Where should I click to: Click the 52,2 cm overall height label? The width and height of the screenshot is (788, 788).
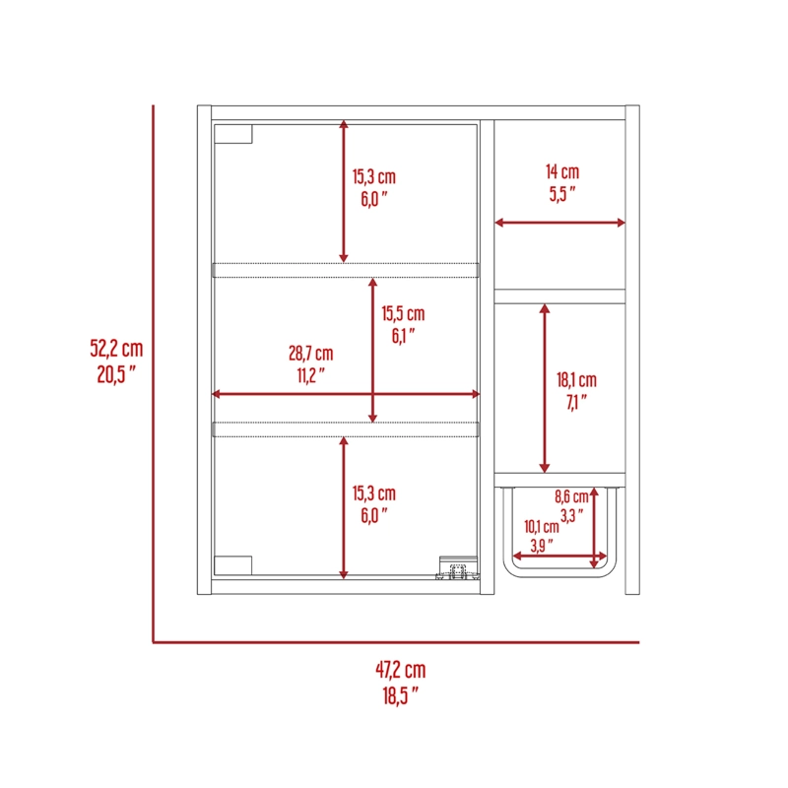(116, 349)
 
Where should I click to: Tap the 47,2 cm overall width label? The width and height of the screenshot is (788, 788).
(401, 670)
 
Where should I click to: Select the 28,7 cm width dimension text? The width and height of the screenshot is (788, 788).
(310, 354)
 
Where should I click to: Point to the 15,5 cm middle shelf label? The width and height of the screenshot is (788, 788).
(403, 313)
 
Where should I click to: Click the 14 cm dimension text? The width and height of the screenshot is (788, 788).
(562, 171)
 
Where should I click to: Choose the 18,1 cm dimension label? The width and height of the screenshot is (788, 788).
(576, 380)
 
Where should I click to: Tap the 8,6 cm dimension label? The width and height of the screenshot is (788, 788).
(571, 496)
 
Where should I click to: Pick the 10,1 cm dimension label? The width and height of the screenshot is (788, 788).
(541, 527)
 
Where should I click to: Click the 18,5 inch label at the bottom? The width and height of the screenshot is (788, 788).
(401, 695)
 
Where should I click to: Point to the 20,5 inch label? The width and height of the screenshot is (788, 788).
(116, 374)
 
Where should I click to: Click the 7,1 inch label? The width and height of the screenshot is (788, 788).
(576, 402)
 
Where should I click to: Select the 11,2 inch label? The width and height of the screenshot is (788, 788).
(310, 375)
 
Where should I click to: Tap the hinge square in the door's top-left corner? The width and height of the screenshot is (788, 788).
(233, 134)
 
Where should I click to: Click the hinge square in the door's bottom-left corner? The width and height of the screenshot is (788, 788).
(232, 565)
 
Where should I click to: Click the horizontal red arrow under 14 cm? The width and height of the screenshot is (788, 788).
(559, 223)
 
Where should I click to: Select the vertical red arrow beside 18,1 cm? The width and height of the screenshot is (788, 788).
(545, 388)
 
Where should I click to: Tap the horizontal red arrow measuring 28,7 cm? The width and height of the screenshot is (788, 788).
(346, 394)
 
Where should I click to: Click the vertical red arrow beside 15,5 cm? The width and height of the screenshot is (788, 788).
(372, 351)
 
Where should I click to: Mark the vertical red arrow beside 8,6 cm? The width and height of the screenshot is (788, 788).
(594, 528)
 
